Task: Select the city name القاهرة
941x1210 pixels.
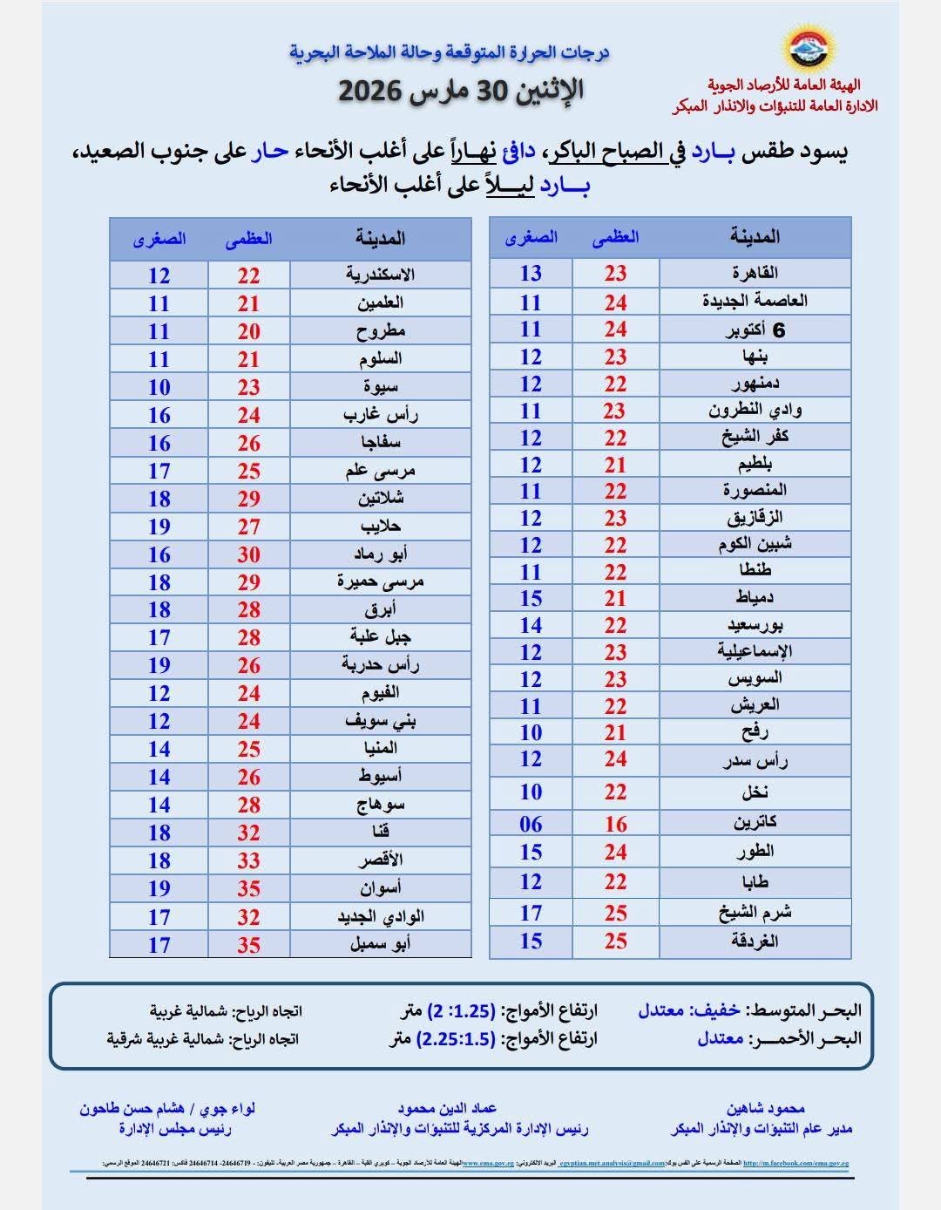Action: [x=755, y=273]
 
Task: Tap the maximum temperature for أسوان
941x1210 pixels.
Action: [x=249, y=888]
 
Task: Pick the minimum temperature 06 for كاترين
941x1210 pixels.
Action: [x=531, y=824]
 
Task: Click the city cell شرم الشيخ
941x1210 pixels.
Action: [x=755, y=913]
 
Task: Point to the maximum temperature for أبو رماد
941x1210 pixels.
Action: [x=249, y=554]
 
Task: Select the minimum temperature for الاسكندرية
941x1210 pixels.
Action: [x=159, y=275]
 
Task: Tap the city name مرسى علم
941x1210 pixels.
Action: [x=380, y=471]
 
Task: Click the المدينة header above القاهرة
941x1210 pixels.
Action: [x=755, y=236]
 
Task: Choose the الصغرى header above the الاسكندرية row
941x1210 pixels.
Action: [x=159, y=239]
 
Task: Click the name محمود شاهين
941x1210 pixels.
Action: [x=764, y=1108]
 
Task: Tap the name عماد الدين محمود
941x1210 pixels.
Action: [x=447, y=1108]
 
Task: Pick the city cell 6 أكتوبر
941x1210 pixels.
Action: [x=755, y=330]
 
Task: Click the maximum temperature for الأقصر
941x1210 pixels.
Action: [x=249, y=860]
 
